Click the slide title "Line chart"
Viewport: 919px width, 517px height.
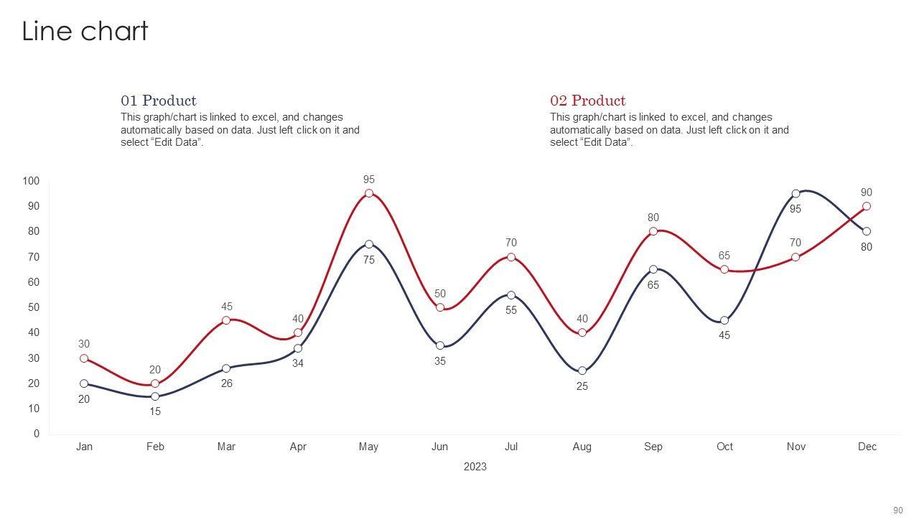tap(85, 32)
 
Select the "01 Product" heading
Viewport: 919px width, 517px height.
tap(158, 101)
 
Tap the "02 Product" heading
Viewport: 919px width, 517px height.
tap(587, 101)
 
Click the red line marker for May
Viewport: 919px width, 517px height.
tap(369, 193)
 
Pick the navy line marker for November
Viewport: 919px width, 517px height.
tap(796, 194)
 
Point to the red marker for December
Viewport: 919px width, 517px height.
tap(867, 206)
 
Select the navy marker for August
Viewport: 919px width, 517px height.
tap(582, 371)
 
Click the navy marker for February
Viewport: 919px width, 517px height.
tap(155, 396)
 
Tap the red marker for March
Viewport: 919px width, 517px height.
tap(226, 320)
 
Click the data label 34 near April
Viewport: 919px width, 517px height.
tap(298, 364)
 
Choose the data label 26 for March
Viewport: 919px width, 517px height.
tap(226, 384)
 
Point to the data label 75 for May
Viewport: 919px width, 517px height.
tap(369, 261)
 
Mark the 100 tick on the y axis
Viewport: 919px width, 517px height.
tap(30, 181)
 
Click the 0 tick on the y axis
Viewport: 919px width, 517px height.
tap(37, 434)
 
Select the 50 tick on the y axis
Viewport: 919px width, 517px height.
tap(33, 307)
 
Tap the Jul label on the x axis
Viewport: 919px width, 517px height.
tap(511, 447)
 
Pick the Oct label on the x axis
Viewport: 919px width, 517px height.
tap(724, 447)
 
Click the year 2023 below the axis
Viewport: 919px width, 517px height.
tap(475, 467)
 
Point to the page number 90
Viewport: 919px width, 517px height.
tap(897, 511)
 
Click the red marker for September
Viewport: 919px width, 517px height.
tap(653, 231)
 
